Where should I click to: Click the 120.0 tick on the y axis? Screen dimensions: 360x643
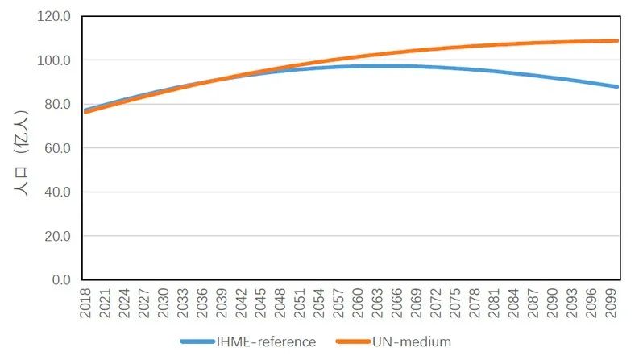tap(56, 16)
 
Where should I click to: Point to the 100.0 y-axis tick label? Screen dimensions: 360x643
tap(56, 60)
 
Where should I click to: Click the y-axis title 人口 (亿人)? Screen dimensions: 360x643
tap(22, 154)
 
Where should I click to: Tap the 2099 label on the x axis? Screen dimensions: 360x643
tap(612, 302)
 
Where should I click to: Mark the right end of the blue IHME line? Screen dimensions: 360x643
tap(617, 86)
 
